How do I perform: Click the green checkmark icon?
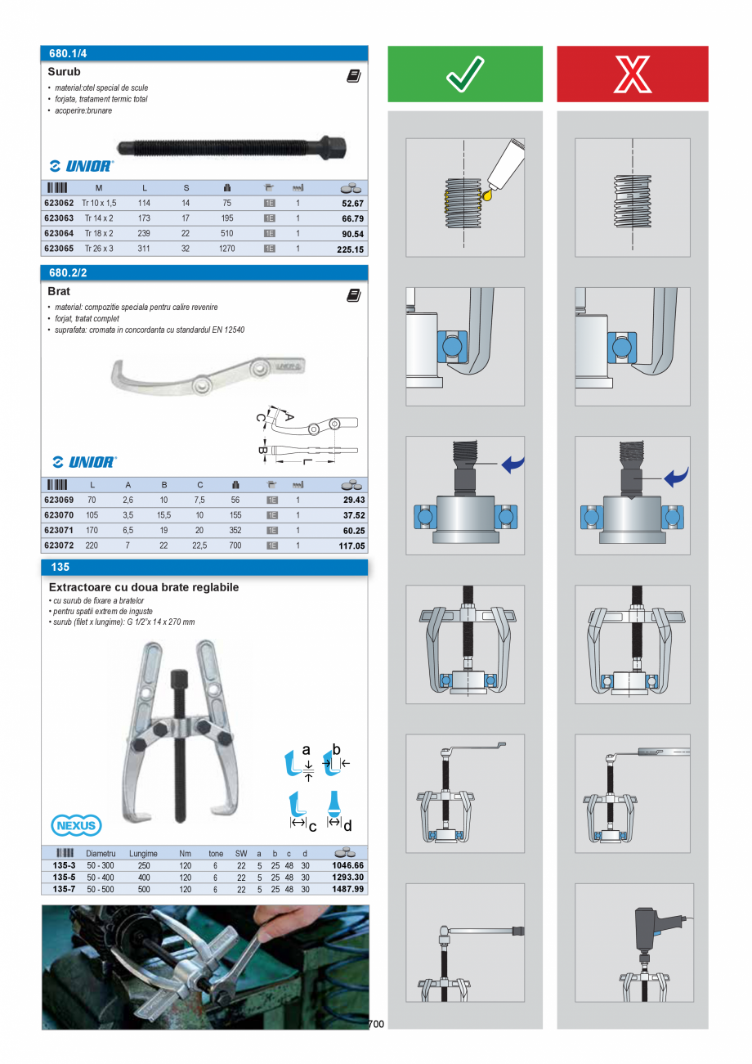pyautogui.click(x=465, y=74)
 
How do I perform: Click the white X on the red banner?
pyautogui.click(x=632, y=74)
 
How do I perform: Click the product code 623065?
pyautogui.click(x=58, y=248)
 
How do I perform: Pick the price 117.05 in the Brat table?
pyautogui.click(x=351, y=545)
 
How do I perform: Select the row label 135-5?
pyautogui.click(x=64, y=877)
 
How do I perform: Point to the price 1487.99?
pyautogui.click(x=347, y=889)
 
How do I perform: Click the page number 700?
pyautogui.click(x=376, y=1024)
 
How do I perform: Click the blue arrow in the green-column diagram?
pyautogui.click(x=513, y=465)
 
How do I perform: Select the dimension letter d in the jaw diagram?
pyautogui.click(x=347, y=826)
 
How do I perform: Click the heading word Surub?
pyautogui.click(x=64, y=72)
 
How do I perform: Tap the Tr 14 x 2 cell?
pyautogui.click(x=99, y=218)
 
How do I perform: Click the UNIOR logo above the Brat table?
pyautogui.click(x=83, y=462)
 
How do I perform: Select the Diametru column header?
pyautogui.click(x=101, y=853)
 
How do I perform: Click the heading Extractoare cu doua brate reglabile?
pyautogui.click(x=144, y=587)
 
